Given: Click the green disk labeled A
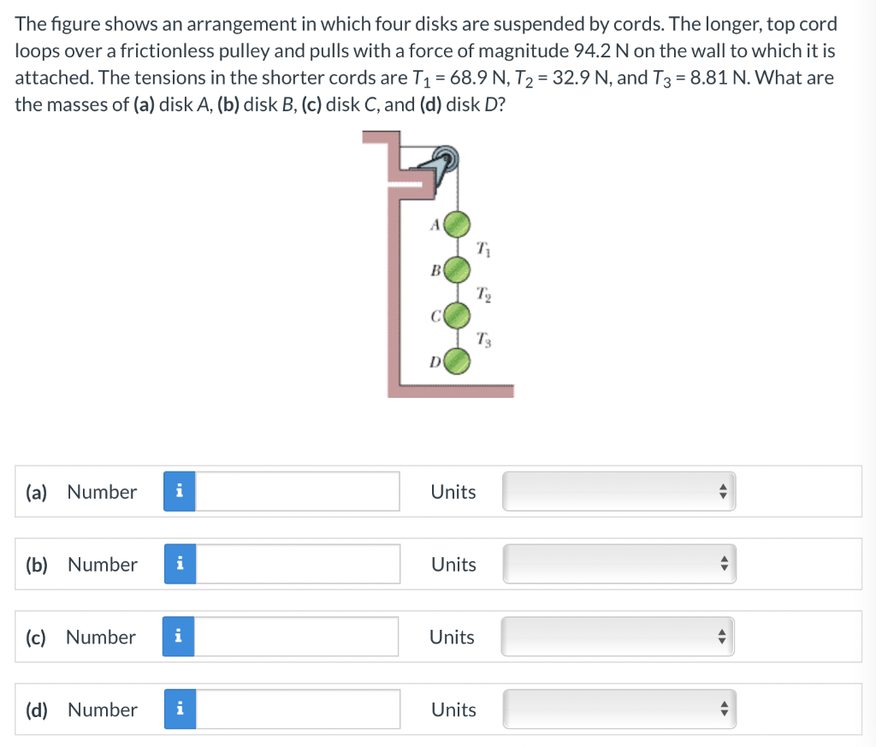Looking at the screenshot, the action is (457, 224).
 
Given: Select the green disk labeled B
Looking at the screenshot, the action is (457, 270).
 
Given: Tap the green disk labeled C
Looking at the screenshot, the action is (457, 316).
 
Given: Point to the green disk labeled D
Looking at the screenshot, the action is (457, 361).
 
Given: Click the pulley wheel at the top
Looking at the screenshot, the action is (446, 158).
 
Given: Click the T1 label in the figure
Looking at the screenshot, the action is (484, 249).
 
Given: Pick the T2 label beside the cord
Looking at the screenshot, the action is (484, 293).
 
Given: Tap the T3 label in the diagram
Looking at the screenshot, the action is (484, 339).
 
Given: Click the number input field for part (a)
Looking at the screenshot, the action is (297, 491).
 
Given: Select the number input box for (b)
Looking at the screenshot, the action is (298, 564).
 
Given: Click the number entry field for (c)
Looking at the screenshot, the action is (296, 637).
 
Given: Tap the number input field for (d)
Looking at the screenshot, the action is (298, 709).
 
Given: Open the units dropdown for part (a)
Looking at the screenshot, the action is (619, 491).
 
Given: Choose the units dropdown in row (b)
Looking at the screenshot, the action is (619, 564).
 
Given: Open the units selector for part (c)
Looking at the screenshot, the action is (618, 637).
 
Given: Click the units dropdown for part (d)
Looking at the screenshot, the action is (619, 709).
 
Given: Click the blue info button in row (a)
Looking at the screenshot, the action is (180, 491).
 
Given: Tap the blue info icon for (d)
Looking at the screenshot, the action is (180, 709).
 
